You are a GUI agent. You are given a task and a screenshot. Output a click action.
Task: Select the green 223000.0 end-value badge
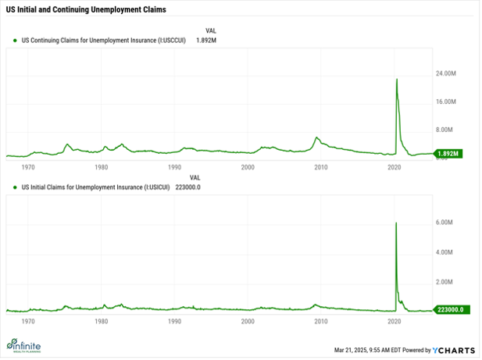pos(449,309)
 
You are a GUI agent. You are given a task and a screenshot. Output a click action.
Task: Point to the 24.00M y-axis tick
pos(446,73)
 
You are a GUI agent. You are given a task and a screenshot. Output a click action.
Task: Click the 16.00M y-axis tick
pos(446,102)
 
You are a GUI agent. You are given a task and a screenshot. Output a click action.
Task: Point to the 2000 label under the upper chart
pos(248,167)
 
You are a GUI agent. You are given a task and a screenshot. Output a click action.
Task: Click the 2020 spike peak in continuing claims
pos(397,79)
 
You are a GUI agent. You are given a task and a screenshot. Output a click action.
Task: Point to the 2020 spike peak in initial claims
pos(396,223)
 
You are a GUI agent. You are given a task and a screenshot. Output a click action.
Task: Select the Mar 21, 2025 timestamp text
pos(365,348)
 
